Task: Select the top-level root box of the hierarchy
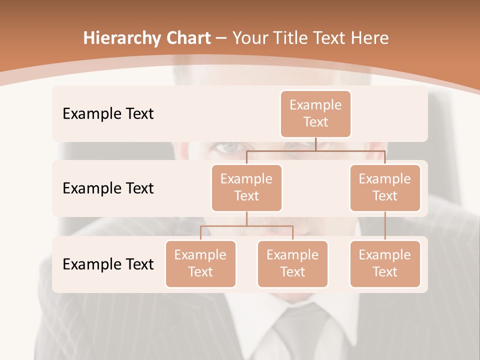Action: tap(315, 114)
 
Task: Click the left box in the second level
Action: tap(246, 188)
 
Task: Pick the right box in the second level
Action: tap(385, 188)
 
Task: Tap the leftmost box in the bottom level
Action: tap(200, 264)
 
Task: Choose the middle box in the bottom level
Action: tap(292, 264)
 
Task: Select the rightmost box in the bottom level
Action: tap(385, 264)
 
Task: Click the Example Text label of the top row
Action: tap(108, 114)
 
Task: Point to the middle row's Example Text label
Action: tap(108, 188)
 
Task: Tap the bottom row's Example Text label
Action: tap(108, 264)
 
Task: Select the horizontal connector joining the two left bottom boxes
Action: tap(246, 226)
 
